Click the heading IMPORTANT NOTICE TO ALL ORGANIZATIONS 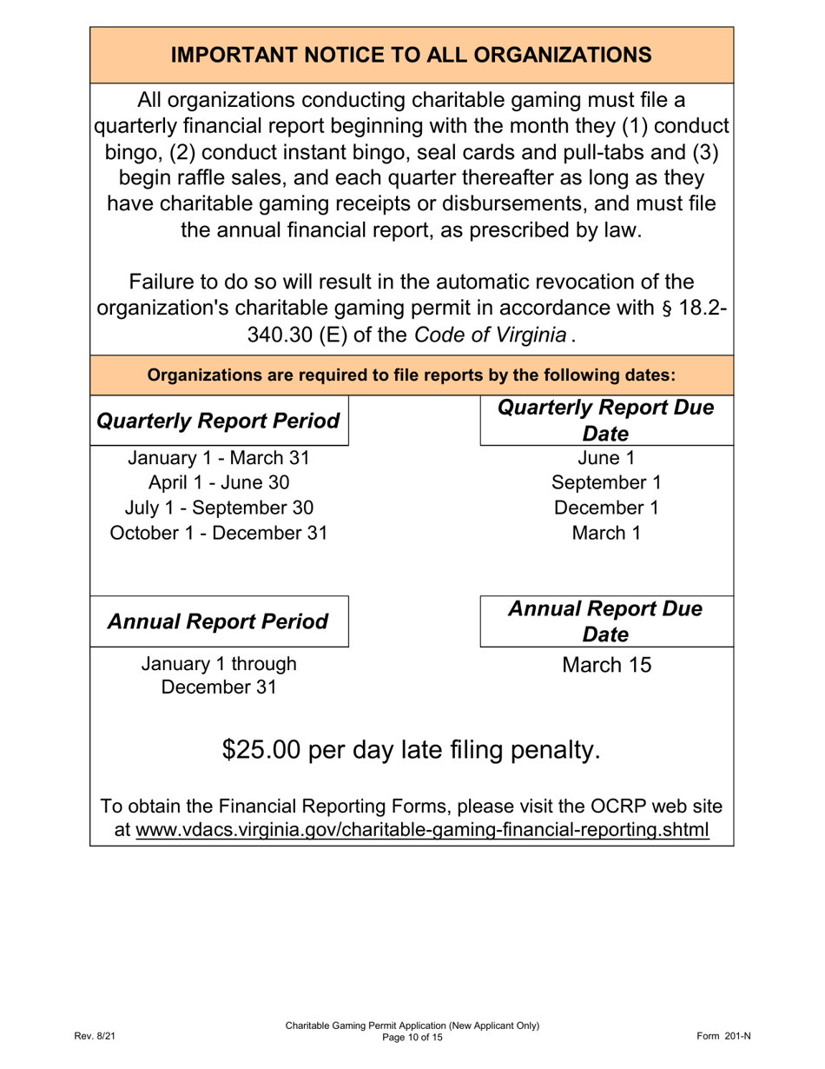(412, 55)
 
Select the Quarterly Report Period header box (219, 422)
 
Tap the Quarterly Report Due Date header (605, 421)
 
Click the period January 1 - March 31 (219, 458)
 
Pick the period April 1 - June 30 (219, 483)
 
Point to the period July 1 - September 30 (219, 508)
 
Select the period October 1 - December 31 (219, 533)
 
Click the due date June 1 (605, 458)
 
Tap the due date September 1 (605, 483)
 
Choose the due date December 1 (605, 508)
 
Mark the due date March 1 (605, 533)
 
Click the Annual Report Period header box (219, 621)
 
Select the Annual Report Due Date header (605, 621)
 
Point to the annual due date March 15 (605, 666)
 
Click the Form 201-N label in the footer (723, 1037)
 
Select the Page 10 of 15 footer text (412, 1038)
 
